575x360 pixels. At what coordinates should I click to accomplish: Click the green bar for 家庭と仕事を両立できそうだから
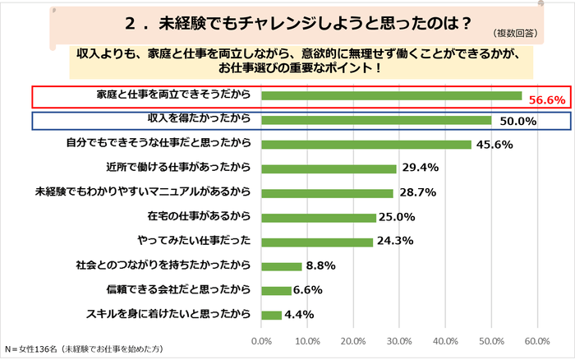[391, 96]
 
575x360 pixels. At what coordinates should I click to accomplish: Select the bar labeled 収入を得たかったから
[376, 120]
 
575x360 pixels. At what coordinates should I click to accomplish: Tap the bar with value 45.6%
[366, 145]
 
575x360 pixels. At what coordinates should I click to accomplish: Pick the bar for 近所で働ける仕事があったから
[329, 168]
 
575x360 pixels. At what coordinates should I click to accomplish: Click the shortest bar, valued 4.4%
[271, 314]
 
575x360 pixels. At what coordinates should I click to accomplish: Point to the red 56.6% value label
[547, 99]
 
